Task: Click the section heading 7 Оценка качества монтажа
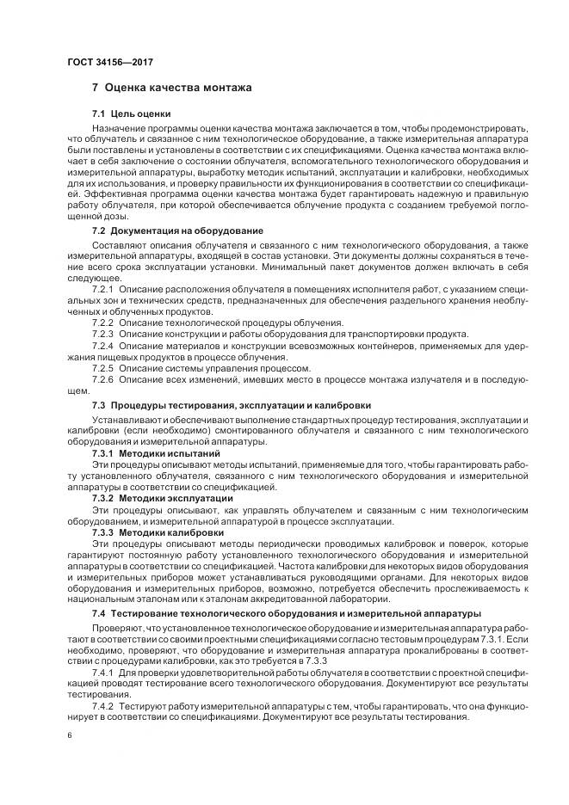tap(171, 88)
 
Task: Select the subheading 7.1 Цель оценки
tap(132, 114)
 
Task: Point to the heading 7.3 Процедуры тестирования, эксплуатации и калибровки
tap(232, 404)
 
